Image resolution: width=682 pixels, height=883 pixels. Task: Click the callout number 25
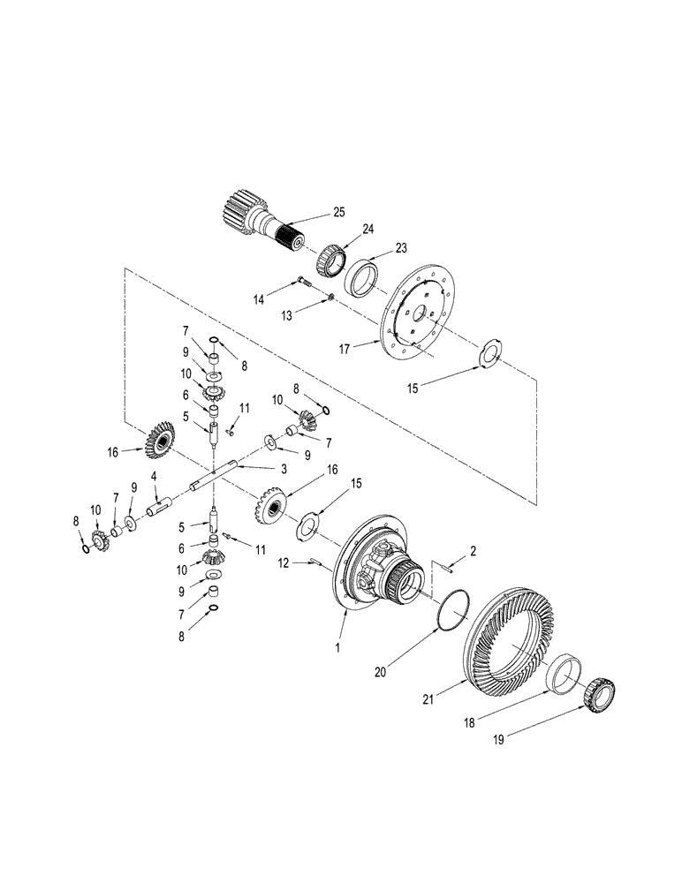pos(338,212)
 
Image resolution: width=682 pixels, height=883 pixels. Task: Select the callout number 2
pos(474,550)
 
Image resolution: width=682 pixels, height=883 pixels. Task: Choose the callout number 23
pos(401,247)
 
